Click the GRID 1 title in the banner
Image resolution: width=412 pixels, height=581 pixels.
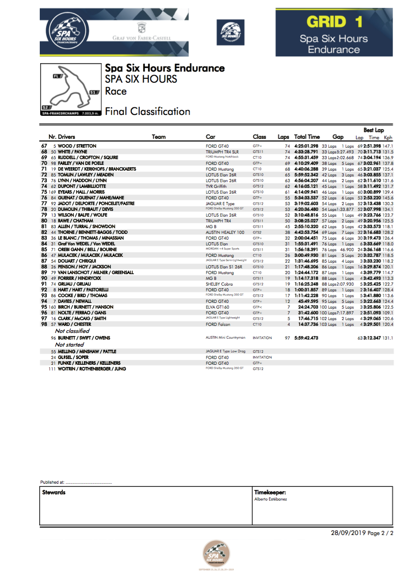coord(334,22)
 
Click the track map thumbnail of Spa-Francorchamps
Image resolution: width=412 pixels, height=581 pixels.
coord(71,90)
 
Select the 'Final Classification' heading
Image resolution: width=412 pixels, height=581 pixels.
coord(148,111)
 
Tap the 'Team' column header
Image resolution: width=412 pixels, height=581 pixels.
coord(159,137)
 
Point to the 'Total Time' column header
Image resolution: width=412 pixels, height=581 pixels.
coord(307,137)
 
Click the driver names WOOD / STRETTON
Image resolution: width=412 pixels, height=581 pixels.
coord(77,146)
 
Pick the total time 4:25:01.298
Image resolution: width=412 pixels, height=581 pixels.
coord(306,146)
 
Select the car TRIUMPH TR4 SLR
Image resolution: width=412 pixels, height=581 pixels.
coord(222,152)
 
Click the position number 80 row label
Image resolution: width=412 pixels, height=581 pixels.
coord(44,221)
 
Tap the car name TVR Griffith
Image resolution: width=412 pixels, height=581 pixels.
coord(216,186)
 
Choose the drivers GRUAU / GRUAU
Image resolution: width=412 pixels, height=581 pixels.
coord(74,284)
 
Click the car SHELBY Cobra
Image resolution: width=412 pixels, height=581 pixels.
coord(219,284)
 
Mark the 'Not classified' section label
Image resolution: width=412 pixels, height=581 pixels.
coord(72,331)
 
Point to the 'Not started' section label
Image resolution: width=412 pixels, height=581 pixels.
coord(69,344)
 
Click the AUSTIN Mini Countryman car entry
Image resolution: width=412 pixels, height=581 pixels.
coord(225,338)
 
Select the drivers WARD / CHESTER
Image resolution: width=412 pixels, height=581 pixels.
coord(74,324)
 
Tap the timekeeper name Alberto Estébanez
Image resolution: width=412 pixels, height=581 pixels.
coord(271,499)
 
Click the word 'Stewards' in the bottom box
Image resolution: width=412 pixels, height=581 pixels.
coord(54,492)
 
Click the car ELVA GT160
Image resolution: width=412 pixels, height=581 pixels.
coord(217,307)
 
